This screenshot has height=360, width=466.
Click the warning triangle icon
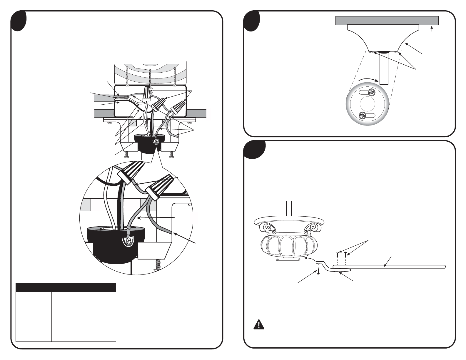(x=259, y=324)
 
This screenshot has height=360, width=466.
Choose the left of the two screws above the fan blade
(x=337, y=252)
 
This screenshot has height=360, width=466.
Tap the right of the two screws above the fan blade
(x=346, y=252)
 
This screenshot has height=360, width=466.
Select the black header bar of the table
(x=66, y=287)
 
